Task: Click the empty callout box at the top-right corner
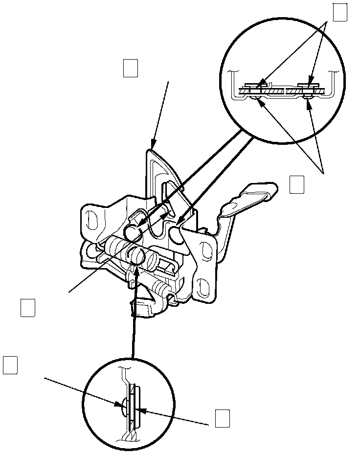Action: tap(340, 13)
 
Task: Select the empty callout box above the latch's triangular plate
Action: tap(130, 68)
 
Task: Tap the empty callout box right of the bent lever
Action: tap(297, 184)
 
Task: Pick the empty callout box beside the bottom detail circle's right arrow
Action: tap(222, 418)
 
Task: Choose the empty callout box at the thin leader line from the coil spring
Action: tap(28, 308)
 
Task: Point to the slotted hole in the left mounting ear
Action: tap(90, 219)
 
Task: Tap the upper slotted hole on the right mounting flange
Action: tap(203, 248)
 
